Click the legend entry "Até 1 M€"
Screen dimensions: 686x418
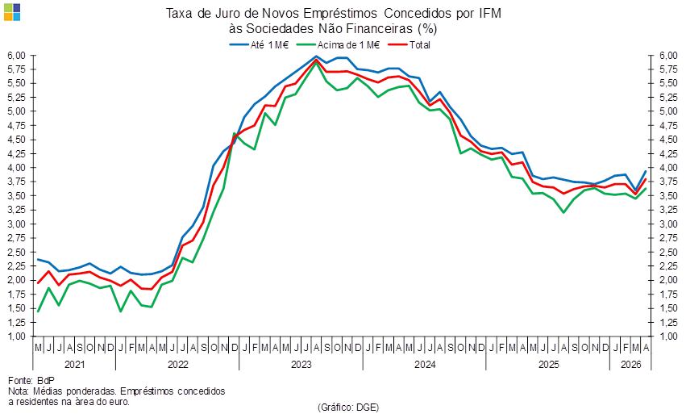click(259, 44)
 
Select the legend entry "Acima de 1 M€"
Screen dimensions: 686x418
click(339, 44)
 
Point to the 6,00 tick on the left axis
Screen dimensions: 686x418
click(17, 56)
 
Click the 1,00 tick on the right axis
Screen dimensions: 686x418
click(668, 336)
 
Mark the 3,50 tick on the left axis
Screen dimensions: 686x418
click(17, 196)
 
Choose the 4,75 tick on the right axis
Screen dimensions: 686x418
click(668, 126)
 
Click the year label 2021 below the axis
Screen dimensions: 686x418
click(74, 365)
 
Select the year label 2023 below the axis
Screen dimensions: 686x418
click(301, 365)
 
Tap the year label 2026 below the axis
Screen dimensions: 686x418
click(631, 365)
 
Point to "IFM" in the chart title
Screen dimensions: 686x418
click(489, 14)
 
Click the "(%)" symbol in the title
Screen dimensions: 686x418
click(427, 29)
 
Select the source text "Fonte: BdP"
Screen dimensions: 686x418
click(31, 380)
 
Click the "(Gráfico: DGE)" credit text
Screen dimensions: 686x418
click(348, 407)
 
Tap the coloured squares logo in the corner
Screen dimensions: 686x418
click(12, 12)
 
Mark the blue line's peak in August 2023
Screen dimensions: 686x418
click(316, 56)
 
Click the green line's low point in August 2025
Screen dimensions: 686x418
click(563, 212)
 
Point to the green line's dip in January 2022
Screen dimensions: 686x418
click(120, 311)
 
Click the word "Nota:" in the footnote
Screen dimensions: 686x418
click(18, 391)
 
